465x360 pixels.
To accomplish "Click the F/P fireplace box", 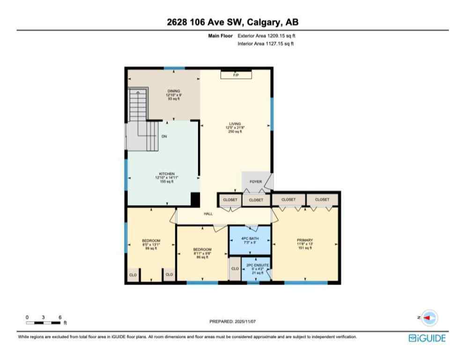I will (x=236, y=75).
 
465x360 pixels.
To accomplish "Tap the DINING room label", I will (x=174, y=91).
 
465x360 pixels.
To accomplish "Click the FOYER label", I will (x=255, y=181).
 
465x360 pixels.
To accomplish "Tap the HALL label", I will (x=208, y=214).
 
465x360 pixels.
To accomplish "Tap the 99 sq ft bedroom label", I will (x=151, y=244).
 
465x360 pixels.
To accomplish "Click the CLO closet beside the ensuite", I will (x=235, y=270).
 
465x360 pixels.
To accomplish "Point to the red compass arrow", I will (x=427, y=317).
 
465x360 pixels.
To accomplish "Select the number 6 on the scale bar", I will (x=60, y=317).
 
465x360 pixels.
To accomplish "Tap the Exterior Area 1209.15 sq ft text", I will (x=266, y=36).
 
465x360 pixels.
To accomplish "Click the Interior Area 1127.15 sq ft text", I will (x=266, y=44).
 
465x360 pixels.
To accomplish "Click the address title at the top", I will (x=232, y=22).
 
